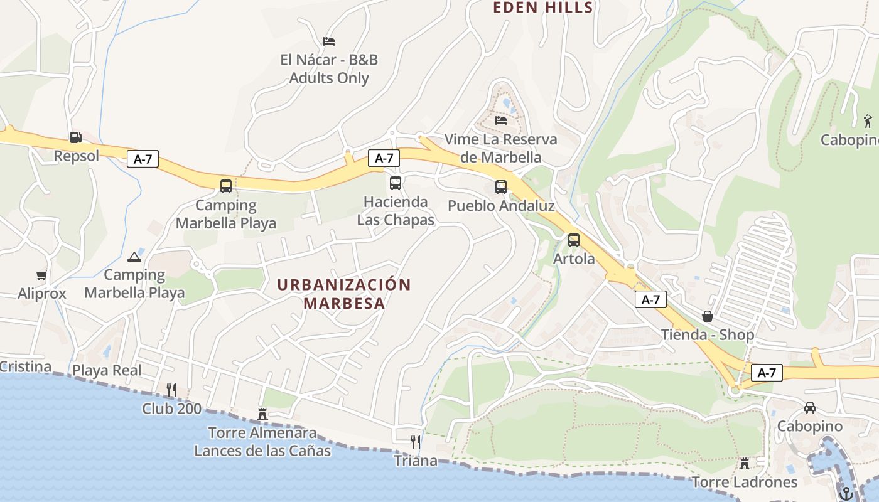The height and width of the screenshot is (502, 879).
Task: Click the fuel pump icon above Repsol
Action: (x=75, y=137)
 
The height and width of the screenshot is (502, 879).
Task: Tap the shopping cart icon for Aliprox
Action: (x=42, y=275)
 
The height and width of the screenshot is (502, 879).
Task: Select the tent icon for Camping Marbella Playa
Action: (x=134, y=257)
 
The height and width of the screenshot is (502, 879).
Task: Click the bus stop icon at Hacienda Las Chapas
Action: (x=396, y=183)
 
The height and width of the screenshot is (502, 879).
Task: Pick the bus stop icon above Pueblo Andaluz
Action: (x=501, y=186)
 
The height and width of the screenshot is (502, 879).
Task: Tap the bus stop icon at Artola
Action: (x=574, y=240)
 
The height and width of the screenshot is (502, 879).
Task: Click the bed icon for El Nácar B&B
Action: (x=329, y=41)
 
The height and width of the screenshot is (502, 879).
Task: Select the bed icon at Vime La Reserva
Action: (x=501, y=120)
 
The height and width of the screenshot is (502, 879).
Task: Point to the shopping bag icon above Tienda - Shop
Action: (x=708, y=316)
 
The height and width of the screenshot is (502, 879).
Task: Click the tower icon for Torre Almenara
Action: (x=262, y=414)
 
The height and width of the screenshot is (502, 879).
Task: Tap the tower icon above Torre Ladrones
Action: (x=745, y=463)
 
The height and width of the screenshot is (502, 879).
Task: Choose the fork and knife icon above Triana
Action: (x=416, y=442)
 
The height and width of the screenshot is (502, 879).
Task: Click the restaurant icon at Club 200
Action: (x=171, y=390)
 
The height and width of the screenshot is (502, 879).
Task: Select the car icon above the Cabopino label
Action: (x=810, y=408)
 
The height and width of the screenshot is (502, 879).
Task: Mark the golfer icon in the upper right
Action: (x=868, y=120)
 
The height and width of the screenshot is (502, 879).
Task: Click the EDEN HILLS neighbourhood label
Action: (x=543, y=8)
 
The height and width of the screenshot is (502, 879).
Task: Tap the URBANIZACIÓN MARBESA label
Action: (x=344, y=294)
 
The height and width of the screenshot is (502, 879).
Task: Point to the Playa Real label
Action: (x=107, y=370)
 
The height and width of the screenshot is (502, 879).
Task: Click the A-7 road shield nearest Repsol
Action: (x=143, y=159)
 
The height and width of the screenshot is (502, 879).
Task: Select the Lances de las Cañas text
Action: (x=262, y=451)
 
